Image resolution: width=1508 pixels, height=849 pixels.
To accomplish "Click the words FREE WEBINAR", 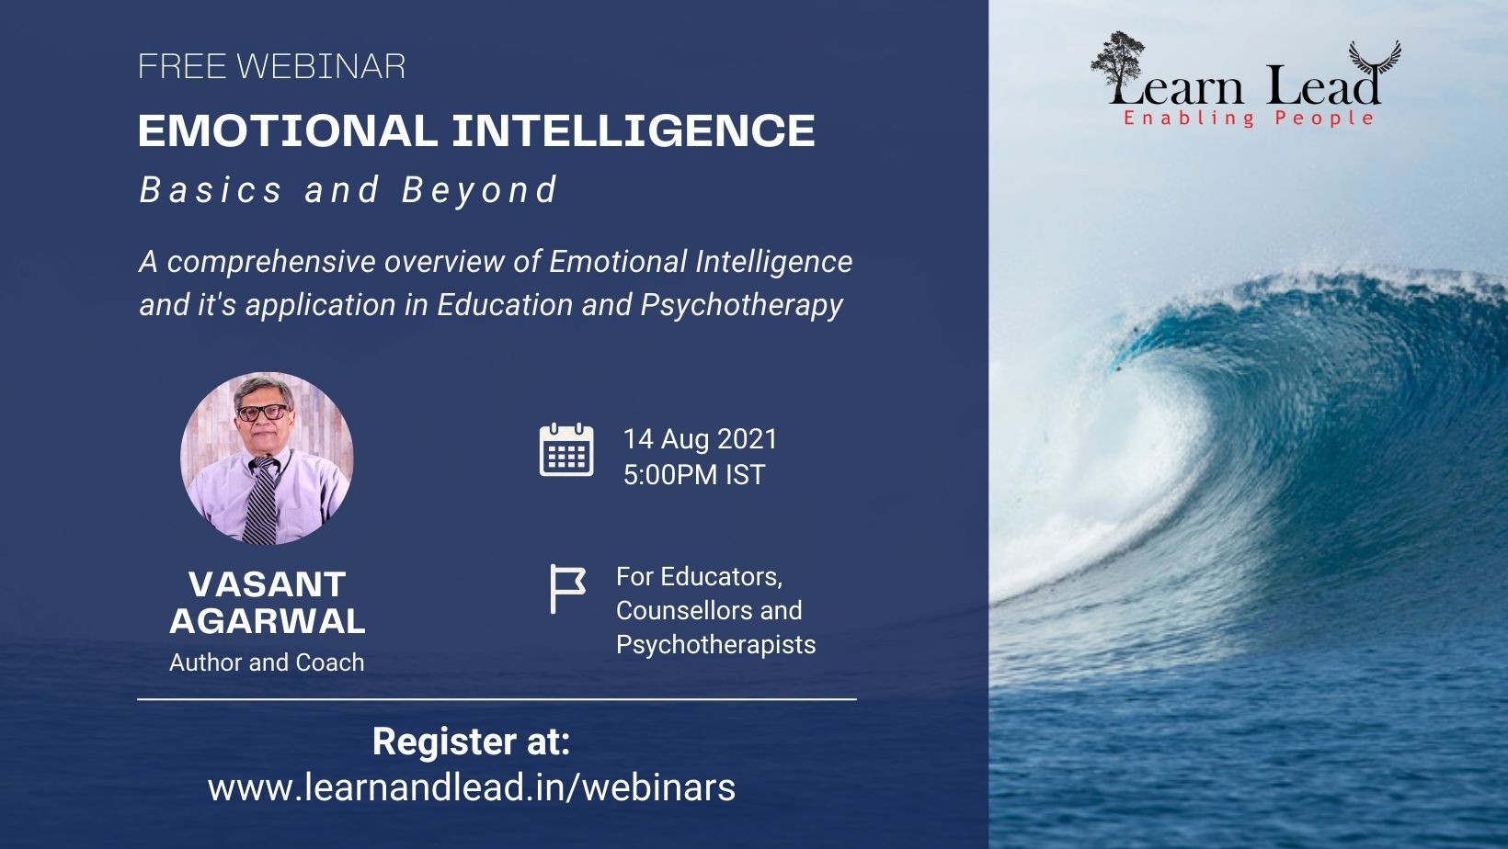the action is click(271, 66).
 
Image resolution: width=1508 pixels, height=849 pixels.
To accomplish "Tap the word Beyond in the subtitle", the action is click(479, 189).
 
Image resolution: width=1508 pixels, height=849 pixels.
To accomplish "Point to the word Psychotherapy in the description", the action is click(741, 305).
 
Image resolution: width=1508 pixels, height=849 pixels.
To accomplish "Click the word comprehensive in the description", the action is click(271, 262).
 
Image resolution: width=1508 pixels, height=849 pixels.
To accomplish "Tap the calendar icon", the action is click(566, 450).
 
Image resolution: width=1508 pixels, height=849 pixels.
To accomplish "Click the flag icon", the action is click(567, 589).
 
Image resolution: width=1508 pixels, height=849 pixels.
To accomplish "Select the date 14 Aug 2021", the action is click(700, 439).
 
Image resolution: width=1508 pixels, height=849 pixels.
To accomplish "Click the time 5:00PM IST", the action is click(694, 475).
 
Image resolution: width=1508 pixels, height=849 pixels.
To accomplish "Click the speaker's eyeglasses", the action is click(263, 412).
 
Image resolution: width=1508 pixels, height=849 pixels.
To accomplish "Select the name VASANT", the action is click(268, 584).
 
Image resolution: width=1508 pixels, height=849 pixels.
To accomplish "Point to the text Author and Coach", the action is click(267, 662).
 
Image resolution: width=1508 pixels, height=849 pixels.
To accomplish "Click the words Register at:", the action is click(471, 741).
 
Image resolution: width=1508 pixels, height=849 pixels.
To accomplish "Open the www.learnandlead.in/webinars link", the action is click(471, 787).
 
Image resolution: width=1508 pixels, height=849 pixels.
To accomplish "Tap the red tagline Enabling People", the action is click(1248, 119).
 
